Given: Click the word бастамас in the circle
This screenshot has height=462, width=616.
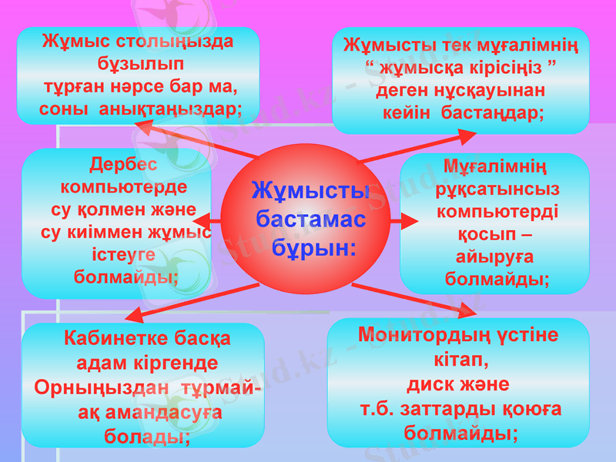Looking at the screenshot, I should (310, 219).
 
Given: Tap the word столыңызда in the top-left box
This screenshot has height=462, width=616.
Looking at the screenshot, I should (177, 40).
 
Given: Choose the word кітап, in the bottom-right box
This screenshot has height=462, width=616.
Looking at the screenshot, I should (460, 360).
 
